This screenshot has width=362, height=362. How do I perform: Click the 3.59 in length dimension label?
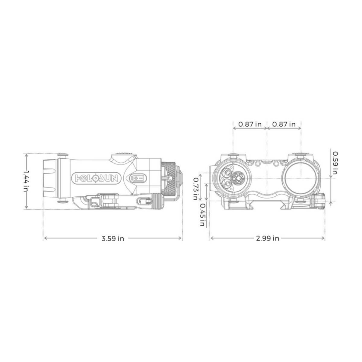click(113, 239)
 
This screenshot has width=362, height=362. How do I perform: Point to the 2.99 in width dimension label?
click(268, 238)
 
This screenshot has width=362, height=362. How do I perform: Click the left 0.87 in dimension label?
click(250, 124)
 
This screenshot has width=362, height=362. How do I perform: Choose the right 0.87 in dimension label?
click(284, 124)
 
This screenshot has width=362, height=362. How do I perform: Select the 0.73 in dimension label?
click(196, 189)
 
